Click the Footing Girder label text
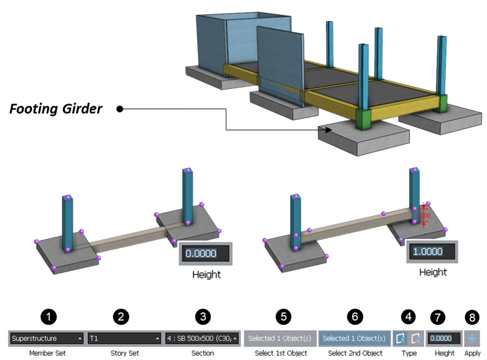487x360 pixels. (56, 109)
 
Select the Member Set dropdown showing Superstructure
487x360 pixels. (46, 338)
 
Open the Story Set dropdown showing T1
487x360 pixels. (124, 338)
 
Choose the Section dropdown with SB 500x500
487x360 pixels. (202, 338)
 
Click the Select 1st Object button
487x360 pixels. (280, 338)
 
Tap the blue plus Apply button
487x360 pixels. (471, 338)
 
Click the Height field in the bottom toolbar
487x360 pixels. (444, 338)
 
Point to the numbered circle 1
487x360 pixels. (50, 317)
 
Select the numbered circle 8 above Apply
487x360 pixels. (471, 317)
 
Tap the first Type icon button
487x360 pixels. (400, 338)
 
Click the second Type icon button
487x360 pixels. (415, 338)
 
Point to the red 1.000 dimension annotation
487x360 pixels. (423, 215)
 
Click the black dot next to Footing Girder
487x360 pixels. (120, 109)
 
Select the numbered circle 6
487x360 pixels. (355, 317)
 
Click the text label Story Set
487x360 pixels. (124, 353)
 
